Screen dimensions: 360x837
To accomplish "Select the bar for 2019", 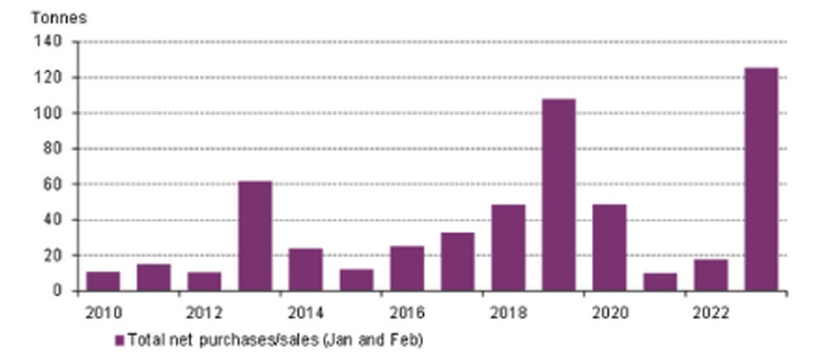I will tap(559, 194).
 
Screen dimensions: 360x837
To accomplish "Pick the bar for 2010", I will tap(103, 281).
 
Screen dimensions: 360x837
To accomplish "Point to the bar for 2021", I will tap(660, 282).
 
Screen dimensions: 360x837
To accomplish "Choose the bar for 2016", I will tap(406, 268).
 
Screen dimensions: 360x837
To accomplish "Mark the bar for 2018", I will tap(508, 247).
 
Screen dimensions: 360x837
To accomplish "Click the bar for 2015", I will tap(356, 280).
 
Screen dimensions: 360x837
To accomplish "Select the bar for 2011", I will tap(154, 277).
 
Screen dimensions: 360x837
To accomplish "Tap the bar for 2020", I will tap(609, 247).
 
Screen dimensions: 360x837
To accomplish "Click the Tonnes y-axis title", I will tap(59, 17).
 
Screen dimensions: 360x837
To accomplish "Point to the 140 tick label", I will tap(48, 41).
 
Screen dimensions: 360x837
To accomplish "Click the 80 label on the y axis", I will tap(52, 149).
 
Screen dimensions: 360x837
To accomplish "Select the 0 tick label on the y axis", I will tap(57, 291).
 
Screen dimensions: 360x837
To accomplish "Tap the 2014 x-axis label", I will tap(305, 313).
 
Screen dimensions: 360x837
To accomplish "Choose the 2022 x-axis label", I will tap(710, 313).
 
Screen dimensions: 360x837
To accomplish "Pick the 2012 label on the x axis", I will tap(204, 313).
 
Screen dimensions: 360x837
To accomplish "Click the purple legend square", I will tap(119, 340).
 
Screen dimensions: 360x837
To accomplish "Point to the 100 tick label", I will tap(48, 113).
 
